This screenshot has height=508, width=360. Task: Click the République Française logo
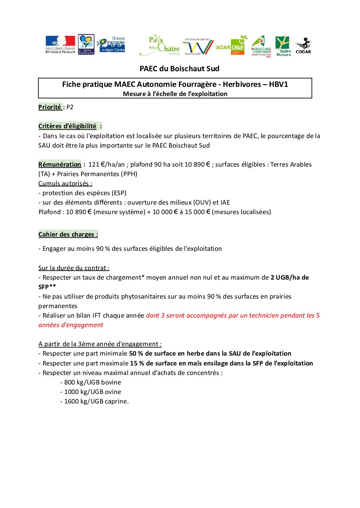click(x=60, y=44)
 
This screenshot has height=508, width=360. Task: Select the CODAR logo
click(x=303, y=46)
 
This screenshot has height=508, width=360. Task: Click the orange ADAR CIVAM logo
click(x=231, y=47)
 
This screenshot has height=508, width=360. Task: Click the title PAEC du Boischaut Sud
click(x=179, y=69)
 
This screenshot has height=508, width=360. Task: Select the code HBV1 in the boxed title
click(x=278, y=84)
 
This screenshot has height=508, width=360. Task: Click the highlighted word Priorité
click(x=50, y=107)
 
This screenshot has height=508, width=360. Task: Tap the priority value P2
click(x=70, y=107)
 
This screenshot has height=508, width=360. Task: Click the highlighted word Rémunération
click(x=60, y=165)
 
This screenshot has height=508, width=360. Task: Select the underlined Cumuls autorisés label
click(x=65, y=184)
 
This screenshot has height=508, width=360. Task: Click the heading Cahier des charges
click(x=68, y=234)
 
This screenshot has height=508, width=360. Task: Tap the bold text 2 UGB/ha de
click(x=289, y=278)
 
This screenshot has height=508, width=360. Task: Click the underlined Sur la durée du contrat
click(x=74, y=268)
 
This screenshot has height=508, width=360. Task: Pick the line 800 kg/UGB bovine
click(x=92, y=382)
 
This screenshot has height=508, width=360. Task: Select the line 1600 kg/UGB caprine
click(x=96, y=401)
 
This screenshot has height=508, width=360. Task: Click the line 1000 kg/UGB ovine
click(x=92, y=392)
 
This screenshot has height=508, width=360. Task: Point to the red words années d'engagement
click(x=71, y=325)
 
